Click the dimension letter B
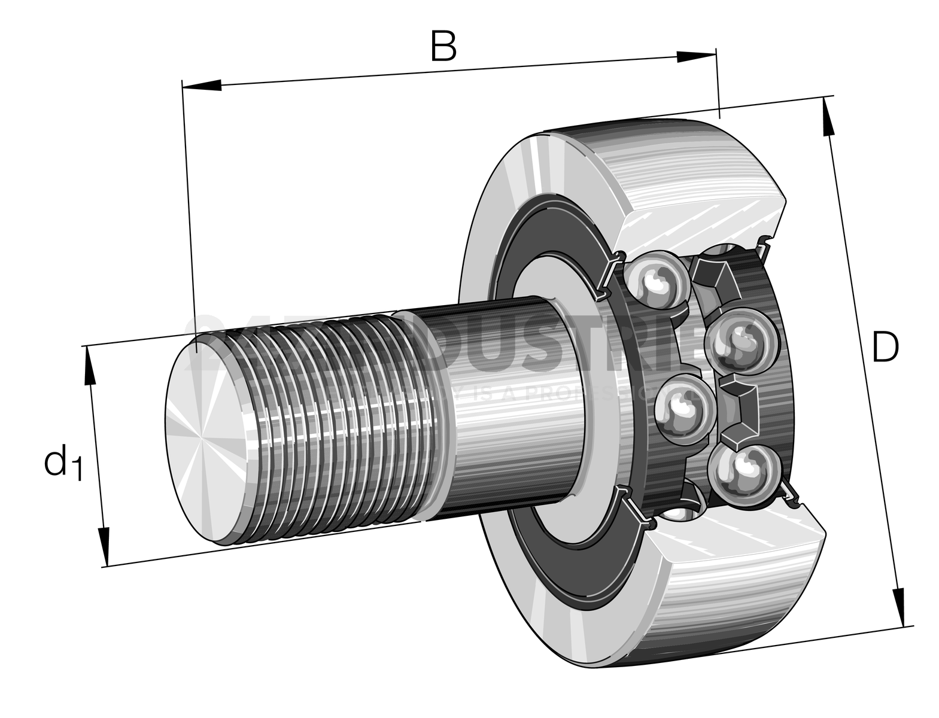coord(443,46)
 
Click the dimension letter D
coord(885,347)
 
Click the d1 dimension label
coord(62,462)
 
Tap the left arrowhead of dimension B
coord(202,86)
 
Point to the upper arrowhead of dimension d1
coord(90,366)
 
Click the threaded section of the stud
coord(335,419)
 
